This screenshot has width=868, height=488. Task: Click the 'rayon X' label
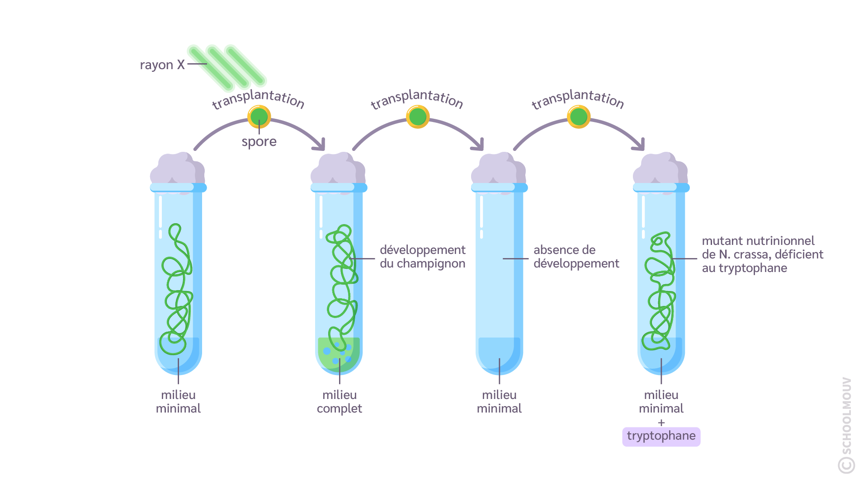pos(162,65)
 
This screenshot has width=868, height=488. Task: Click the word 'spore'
pos(259,142)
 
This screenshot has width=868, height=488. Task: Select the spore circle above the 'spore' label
pos(259,117)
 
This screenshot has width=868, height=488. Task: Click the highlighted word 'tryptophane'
pos(661,436)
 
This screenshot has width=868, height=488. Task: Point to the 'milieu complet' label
pos(340,402)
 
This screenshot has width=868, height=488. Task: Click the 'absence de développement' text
pos(576,257)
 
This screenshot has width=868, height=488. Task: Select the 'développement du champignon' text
pos(422,257)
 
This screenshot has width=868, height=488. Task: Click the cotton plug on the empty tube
pos(498,169)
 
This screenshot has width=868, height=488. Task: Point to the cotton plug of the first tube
pos(177,169)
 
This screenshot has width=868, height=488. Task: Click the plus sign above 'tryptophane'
pos(661,423)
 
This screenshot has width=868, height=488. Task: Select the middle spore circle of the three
pos(418,117)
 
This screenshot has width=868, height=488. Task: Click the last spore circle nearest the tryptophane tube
pos(579,117)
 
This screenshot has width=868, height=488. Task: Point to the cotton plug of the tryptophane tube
pos(660,169)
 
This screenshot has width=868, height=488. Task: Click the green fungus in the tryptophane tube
pos(660,294)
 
